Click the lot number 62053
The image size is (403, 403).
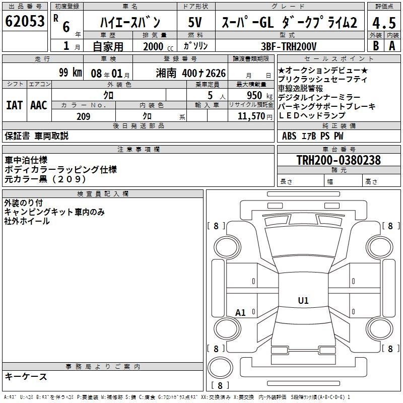point(25,21)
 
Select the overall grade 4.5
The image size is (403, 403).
point(384,23)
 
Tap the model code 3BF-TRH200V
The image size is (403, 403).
point(289,46)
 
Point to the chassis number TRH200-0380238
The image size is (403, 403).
point(339,160)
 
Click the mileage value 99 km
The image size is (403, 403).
point(71,72)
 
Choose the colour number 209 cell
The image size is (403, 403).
point(84,116)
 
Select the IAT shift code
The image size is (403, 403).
point(15,105)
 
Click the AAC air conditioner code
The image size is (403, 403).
point(39,105)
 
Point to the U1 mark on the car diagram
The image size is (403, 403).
point(303,300)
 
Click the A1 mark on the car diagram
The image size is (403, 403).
point(240,312)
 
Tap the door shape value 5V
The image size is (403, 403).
point(195,22)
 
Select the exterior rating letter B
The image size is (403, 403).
point(376,46)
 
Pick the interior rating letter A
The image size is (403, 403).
point(392,46)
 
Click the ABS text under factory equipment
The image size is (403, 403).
point(289,136)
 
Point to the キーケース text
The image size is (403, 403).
point(26,376)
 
